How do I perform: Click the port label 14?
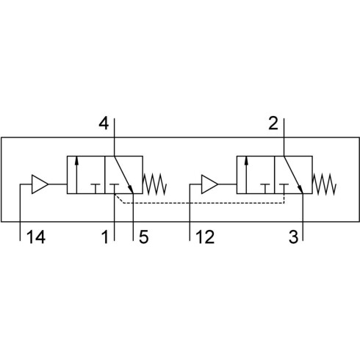(x=36, y=237)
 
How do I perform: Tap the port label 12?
(x=205, y=237)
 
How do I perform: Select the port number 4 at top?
(x=104, y=123)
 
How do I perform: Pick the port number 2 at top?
(x=273, y=123)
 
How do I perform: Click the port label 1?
(x=105, y=237)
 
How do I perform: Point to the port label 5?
(x=143, y=237)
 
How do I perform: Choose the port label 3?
(x=293, y=237)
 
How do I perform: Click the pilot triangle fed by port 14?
(x=40, y=184)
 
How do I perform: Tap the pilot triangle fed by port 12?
(x=209, y=184)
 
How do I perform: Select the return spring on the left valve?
(x=155, y=184)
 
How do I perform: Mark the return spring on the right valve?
(x=325, y=184)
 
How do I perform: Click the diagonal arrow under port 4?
(x=123, y=175)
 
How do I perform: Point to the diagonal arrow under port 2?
(x=293, y=175)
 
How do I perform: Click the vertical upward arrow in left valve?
(x=76, y=175)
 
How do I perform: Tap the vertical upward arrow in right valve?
(x=246, y=175)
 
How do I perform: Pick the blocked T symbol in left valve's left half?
(x=96, y=189)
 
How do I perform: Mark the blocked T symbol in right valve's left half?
(x=265, y=189)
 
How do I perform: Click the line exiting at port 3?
(x=303, y=217)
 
